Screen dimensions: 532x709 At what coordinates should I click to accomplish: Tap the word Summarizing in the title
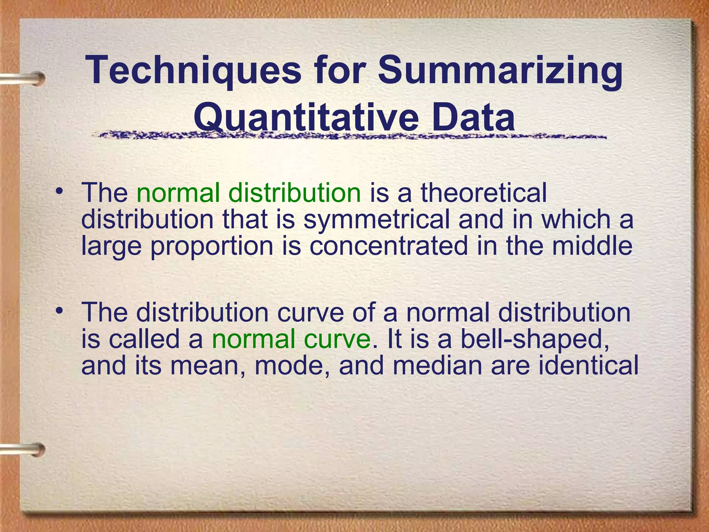(x=500, y=71)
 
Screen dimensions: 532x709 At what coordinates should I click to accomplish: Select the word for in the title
(x=339, y=71)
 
